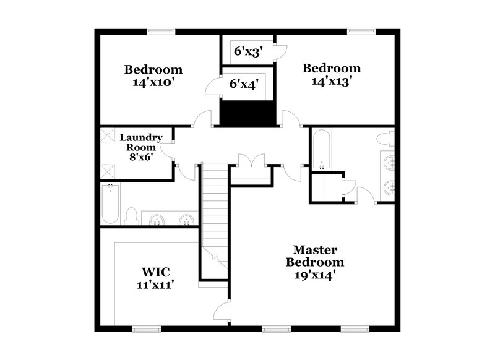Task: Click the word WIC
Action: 155,272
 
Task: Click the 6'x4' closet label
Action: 244,83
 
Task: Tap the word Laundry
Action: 141,137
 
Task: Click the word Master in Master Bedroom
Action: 315,250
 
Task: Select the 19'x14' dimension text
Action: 315,275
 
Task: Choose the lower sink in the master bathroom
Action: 389,187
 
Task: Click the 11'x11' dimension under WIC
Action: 155,285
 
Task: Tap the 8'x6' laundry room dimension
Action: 140,157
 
